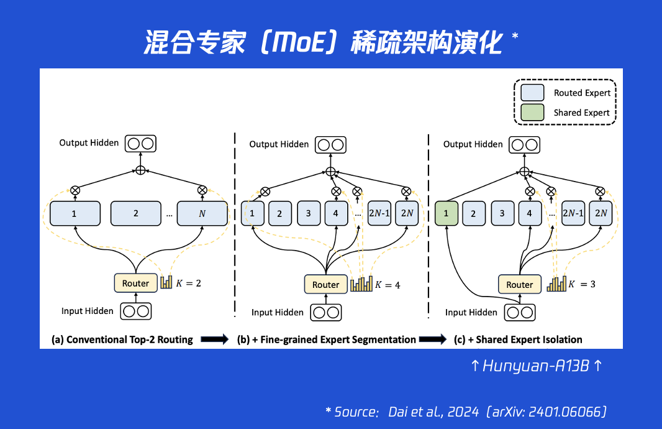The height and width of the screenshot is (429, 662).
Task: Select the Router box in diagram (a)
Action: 135,283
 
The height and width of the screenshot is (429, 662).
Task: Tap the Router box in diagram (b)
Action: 325,284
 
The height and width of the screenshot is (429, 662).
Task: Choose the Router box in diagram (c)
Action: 519,284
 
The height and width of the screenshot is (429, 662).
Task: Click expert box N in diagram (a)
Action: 201,213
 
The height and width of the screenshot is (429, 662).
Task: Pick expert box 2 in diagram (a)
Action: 136,213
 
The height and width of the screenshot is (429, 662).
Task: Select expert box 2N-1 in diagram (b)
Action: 380,213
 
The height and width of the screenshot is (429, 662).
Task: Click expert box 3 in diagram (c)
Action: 502,213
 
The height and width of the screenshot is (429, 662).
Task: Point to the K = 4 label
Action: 388,285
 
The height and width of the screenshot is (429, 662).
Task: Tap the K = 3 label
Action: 583,284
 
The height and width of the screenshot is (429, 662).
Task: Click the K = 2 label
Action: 189,283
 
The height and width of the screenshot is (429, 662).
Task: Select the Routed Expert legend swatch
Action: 532,93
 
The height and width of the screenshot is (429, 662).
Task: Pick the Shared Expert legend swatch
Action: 532,113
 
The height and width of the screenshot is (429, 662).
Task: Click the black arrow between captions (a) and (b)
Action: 215,339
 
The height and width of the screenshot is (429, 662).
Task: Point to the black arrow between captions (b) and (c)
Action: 433,339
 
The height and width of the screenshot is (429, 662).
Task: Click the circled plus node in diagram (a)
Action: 140,170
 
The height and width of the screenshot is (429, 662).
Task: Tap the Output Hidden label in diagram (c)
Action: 473,144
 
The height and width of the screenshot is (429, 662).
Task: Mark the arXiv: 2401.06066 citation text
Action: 547,412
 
